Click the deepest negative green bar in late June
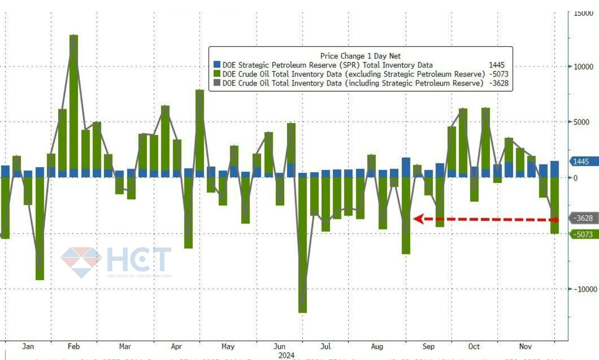tap(302, 243)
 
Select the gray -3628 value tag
tap(583, 218)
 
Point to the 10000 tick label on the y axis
tap(583, 67)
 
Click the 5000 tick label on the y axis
tap(581, 122)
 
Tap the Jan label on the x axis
tap(28, 347)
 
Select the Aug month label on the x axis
tap(377, 347)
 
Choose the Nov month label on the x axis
tap(525, 347)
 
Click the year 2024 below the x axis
tap(287, 355)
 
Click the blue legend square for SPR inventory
tap(217, 65)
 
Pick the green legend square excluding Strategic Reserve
tap(217, 74)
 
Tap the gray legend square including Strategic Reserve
tap(217, 83)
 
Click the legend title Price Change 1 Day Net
tap(360, 56)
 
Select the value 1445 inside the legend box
tap(497, 65)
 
